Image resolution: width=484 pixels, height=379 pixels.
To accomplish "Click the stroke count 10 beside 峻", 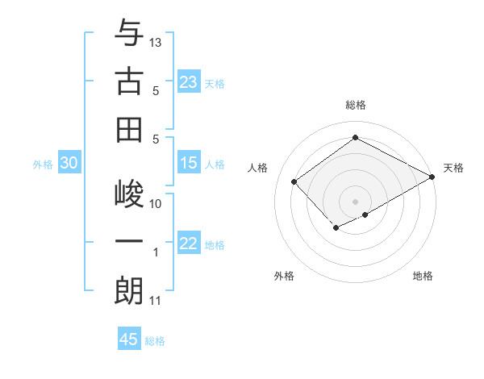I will pyautogui.click(x=156, y=203).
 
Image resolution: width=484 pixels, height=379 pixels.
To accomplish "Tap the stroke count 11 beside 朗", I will pyautogui.click(x=156, y=301).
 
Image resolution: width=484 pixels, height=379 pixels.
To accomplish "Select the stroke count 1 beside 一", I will pyautogui.click(x=156, y=252).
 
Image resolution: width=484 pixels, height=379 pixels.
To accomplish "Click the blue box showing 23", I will pyautogui.click(x=189, y=81).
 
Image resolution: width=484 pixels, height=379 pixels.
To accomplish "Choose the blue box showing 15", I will pyautogui.click(x=189, y=163).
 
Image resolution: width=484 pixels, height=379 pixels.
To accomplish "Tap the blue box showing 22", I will pyautogui.click(x=189, y=244).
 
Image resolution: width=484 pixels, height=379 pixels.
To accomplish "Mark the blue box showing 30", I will pyautogui.click(x=69, y=163).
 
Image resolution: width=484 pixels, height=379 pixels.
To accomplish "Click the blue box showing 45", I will pyautogui.click(x=129, y=339).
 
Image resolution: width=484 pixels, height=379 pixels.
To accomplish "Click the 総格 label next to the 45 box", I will pyautogui.click(x=155, y=341).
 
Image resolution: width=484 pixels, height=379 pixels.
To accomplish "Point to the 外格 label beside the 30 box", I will pyautogui.click(x=43, y=165).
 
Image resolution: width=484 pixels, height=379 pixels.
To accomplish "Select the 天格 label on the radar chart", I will pyautogui.click(x=453, y=168).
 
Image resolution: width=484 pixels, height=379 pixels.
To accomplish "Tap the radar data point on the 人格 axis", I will pyautogui.click(x=294, y=182).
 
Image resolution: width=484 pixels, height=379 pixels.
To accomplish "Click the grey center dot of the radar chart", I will pyautogui.click(x=355, y=200).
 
